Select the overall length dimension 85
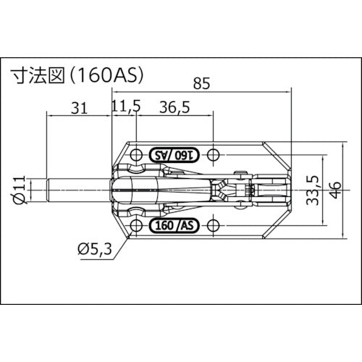point(204,85)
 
